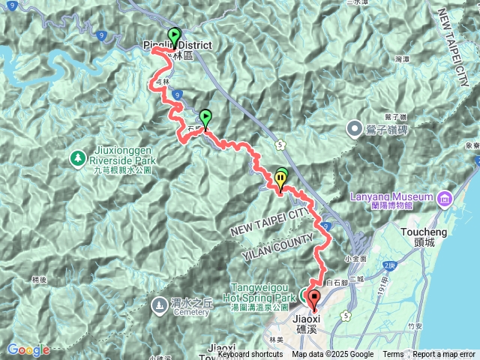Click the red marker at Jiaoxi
click(x=313, y=297)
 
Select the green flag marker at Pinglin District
click(x=175, y=35)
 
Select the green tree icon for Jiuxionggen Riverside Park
click(x=77, y=157)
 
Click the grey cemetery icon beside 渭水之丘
click(x=160, y=304)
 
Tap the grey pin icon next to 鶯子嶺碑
click(x=356, y=129)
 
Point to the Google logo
click(x=28, y=349)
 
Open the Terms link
click(x=393, y=355)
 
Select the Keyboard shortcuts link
click(x=250, y=355)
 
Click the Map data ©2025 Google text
click(x=333, y=355)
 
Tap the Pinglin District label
click(x=178, y=46)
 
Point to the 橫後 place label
click(x=40, y=279)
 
